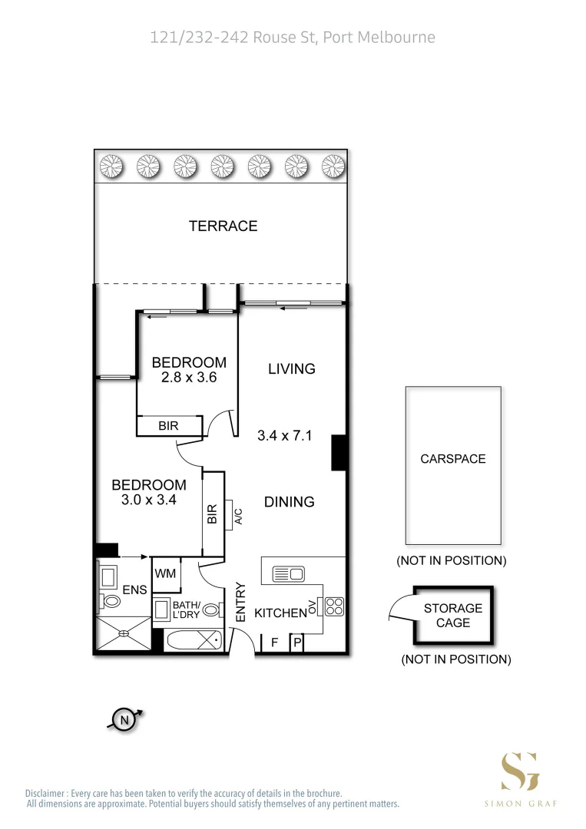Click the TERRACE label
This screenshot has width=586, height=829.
(223, 226)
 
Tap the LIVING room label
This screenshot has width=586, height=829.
(291, 368)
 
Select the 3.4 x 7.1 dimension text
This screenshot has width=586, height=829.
(283, 436)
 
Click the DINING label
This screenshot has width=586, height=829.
(290, 502)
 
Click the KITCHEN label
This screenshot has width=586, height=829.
(280, 613)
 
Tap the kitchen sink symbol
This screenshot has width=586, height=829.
(290, 573)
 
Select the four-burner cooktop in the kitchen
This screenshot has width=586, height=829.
(334, 606)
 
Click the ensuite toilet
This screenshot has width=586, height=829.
(109, 603)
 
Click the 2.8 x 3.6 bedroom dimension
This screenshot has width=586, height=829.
(189, 377)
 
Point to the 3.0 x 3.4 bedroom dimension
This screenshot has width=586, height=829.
(149, 500)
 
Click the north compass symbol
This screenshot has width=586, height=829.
(124, 719)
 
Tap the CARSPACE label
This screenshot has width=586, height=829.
(453, 459)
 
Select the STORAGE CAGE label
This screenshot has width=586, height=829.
(453, 615)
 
